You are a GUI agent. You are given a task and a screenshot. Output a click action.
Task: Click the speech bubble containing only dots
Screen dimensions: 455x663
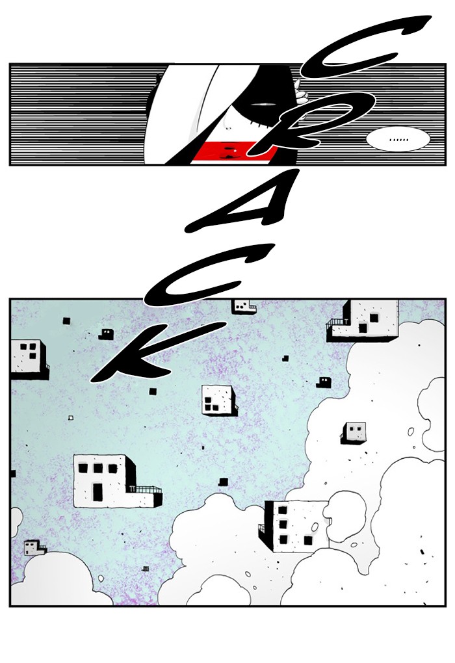398,138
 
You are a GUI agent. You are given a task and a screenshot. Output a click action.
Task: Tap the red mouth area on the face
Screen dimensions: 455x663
231,152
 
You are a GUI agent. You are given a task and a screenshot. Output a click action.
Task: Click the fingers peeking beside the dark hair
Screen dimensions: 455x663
301,92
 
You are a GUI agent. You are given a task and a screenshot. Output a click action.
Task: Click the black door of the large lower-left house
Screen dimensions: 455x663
97,491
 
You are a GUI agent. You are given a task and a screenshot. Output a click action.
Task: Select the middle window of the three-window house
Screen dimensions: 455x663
97,468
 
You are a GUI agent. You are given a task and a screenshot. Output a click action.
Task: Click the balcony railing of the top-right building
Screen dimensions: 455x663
336,322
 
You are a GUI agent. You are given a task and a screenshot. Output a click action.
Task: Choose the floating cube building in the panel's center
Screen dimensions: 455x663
218,400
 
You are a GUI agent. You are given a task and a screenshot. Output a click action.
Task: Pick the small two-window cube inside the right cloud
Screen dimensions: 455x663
353,432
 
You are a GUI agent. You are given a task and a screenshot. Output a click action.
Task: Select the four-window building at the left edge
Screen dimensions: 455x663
29,359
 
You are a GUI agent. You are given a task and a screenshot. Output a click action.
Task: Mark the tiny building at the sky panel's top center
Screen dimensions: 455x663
244,306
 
